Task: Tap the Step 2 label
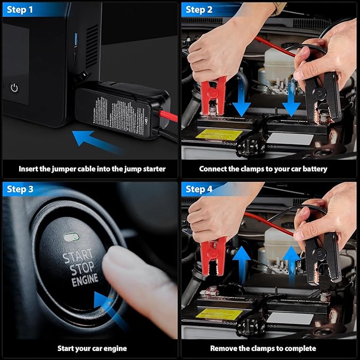coord(199,10)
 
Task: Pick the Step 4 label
coord(199,189)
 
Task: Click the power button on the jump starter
coord(14,87)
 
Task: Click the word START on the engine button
coord(78,256)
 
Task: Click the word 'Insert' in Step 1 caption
coord(29,169)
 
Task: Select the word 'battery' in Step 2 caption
coord(315,169)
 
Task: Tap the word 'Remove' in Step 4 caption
coord(223,348)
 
